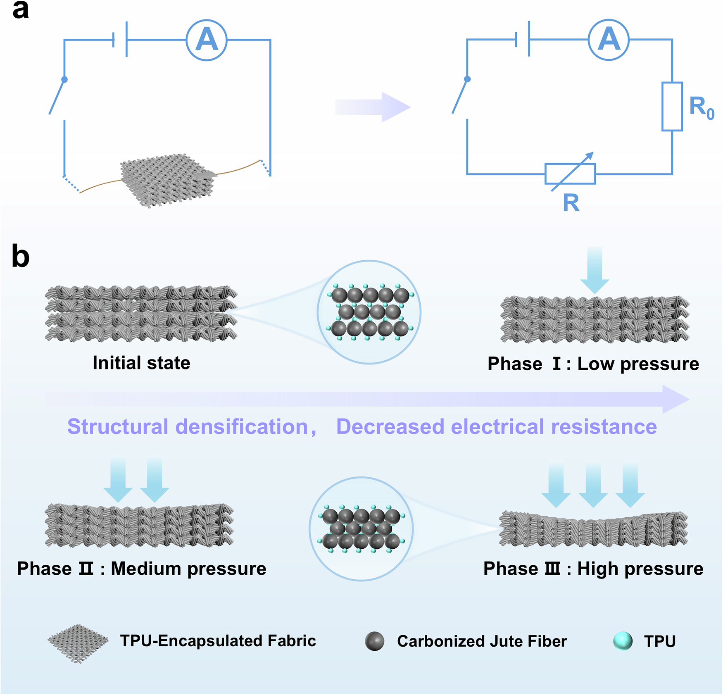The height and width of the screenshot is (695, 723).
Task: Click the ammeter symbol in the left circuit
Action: (x=206, y=40)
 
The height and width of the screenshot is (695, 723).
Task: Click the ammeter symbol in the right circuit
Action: (x=609, y=40)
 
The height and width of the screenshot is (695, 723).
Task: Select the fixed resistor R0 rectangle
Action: (x=672, y=107)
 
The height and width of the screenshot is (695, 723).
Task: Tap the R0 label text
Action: (x=701, y=107)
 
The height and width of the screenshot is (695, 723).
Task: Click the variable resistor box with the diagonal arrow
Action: (x=570, y=174)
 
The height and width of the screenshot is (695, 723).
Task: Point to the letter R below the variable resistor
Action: (x=571, y=203)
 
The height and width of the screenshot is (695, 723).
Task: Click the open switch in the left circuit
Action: (x=57, y=96)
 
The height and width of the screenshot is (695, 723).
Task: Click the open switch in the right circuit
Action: (x=460, y=95)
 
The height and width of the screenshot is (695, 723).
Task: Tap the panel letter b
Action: (x=20, y=257)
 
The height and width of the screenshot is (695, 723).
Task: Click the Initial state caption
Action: (x=141, y=363)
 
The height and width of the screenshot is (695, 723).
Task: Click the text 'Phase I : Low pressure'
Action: (x=593, y=364)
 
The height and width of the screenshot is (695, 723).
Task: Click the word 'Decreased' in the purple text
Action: (x=390, y=426)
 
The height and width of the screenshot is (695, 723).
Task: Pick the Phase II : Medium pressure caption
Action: (x=141, y=569)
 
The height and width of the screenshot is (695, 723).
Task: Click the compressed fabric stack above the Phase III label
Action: (x=593, y=529)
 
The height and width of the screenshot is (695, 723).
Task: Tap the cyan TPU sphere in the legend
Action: (x=623, y=641)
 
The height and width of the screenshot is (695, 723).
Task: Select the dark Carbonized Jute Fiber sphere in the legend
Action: (x=375, y=641)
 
